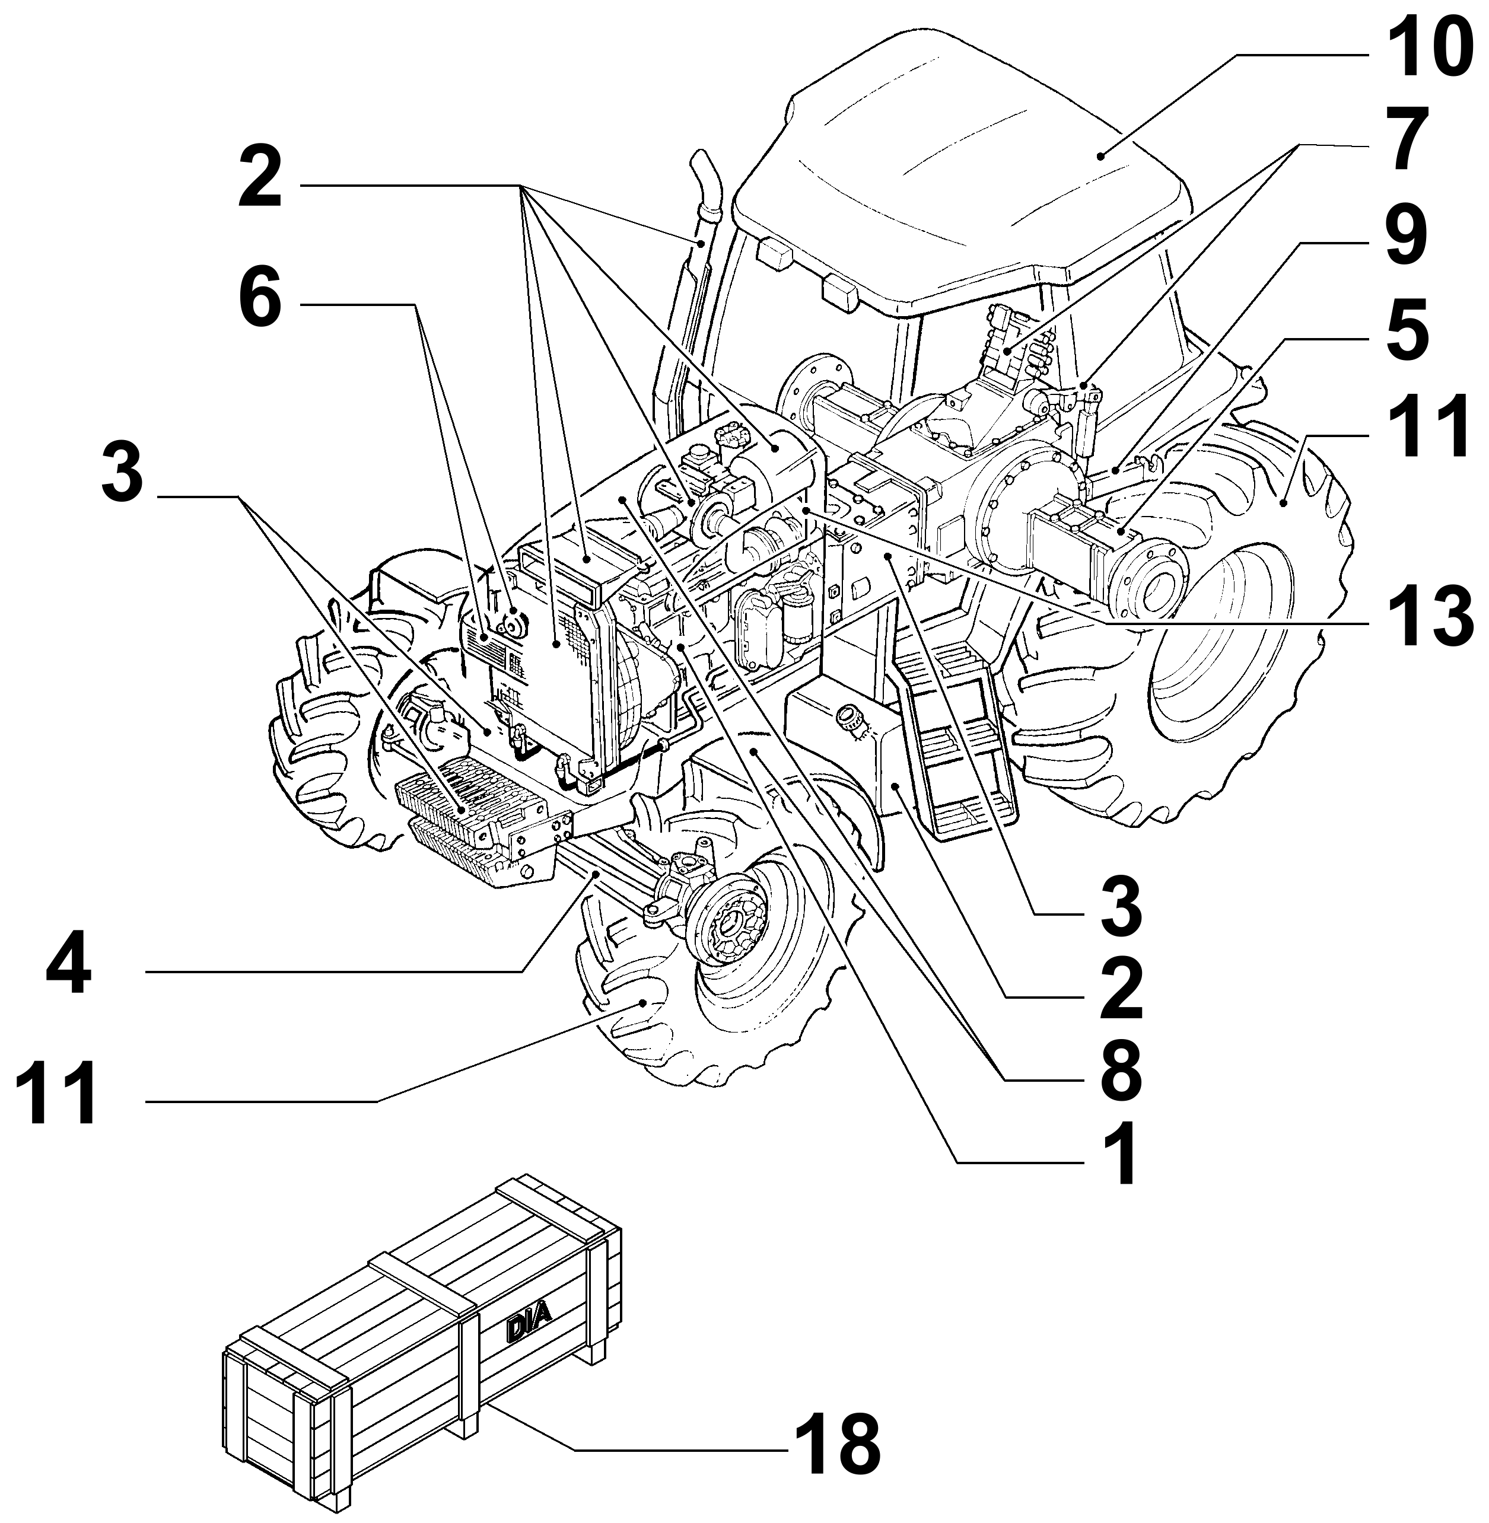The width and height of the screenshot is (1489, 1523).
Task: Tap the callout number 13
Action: click(1420, 619)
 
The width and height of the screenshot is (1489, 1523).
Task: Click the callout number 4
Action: click(69, 970)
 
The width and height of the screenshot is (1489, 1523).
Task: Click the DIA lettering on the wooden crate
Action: click(529, 1328)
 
